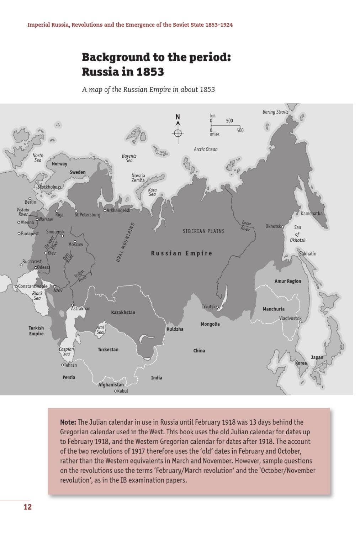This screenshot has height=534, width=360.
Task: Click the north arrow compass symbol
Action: click(x=178, y=133)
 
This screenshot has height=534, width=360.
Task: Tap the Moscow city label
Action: click(x=75, y=245)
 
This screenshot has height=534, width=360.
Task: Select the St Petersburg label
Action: click(x=88, y=215)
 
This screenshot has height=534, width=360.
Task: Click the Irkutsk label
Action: click(x=208, y=307)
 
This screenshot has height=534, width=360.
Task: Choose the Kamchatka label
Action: click(x=311, y=214)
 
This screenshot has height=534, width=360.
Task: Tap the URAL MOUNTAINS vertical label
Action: click(x=126, y=242)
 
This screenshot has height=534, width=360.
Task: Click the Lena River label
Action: click(x=246, y=226)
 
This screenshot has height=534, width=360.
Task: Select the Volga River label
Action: click(x=80, y=276)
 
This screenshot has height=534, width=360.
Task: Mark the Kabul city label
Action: click(x=122, y=391)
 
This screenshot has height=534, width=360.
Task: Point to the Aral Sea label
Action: click(x=100, y=330)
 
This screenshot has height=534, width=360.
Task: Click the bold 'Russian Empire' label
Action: click(x=181, y=253)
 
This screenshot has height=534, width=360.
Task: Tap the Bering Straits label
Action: click(x=275, y=112)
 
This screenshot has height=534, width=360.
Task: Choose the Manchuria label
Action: click(x=274, y=309)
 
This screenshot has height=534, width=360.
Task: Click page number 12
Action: click(x=27, y=507)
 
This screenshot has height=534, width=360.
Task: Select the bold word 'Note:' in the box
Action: click(x=68, y=422)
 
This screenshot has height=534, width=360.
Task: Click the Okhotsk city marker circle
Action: click(x=283, y=227)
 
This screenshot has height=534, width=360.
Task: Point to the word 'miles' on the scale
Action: click(x=215, y=135)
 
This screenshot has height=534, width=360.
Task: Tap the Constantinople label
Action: click(x=32, y=286)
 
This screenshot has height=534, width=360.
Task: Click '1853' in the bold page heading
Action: click(x=149, y=72)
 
